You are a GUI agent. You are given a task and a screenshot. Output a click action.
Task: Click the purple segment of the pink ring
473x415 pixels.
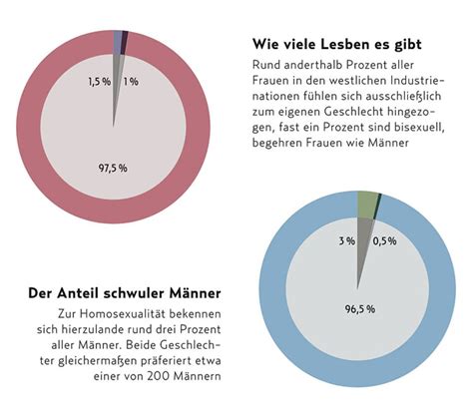(118, 39)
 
